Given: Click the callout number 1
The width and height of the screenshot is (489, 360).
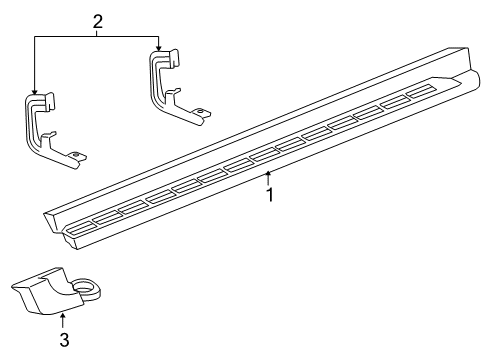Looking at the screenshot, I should click(268, 195).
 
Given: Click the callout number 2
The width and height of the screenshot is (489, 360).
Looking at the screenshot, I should click(97, 21).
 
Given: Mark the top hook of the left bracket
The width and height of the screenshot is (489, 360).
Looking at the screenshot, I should click(46, 100).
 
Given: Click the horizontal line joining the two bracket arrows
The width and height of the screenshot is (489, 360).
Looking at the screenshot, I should click(97, 36).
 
